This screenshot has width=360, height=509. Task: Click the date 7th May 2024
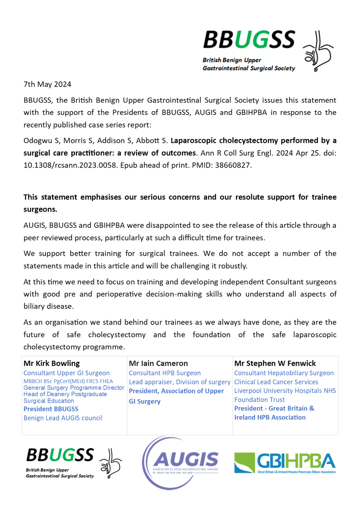click(x=47, y=84)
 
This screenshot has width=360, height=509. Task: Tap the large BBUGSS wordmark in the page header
click(x=249, y=40)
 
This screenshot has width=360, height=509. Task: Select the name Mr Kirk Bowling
click(x=51, y=363)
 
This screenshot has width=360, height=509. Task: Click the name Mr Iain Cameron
click(x=158, y=363)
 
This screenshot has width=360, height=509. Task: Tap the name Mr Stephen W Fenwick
click(x=274, y=363)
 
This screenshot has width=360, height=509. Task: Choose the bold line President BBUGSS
click(x=51, y=409)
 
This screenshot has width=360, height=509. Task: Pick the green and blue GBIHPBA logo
click(x=285, y=462)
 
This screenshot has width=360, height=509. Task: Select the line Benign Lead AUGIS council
click(x=63, y=418)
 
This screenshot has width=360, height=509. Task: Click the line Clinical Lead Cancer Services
click(x=276, y=382)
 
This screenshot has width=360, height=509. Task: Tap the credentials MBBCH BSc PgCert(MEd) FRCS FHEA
click(x=68, y=381)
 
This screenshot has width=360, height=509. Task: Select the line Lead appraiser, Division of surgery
click(x=180, y=382)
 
